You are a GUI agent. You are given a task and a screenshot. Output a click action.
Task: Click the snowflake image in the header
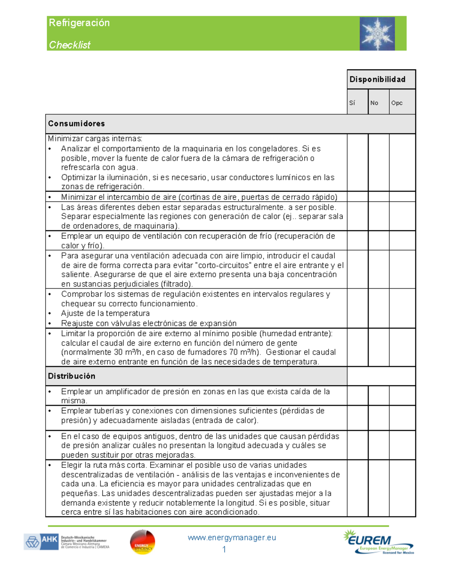coord(377,34)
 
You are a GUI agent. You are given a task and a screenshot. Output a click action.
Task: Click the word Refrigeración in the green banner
coord(79,23)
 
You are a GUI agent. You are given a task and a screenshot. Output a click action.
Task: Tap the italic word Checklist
coord(70,45)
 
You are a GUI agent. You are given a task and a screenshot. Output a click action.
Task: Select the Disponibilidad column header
coord(377,79)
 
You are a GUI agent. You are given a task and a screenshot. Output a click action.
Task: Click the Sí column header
coord(352,103)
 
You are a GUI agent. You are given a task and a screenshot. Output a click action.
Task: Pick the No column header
coord(374,103)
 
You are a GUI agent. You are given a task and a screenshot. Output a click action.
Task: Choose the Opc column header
coord(397,103)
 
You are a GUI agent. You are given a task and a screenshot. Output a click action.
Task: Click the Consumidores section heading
coord(77,123)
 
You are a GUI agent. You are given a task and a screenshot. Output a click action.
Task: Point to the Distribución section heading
coord(72,376)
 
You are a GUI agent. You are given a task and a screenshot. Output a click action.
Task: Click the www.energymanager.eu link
coord(232,538)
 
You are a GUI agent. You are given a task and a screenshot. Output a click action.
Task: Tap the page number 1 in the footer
coord(224,549)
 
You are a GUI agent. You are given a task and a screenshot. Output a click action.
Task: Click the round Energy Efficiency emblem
coord(142,542)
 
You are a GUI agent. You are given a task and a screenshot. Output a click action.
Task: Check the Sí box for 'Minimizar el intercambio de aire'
coord(357,197)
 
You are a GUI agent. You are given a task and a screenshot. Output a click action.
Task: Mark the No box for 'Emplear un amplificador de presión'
coord(379,395)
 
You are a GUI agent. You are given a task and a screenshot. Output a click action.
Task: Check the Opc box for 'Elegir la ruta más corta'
coord(402,488)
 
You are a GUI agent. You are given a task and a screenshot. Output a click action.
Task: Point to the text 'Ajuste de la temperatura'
coord(105,313)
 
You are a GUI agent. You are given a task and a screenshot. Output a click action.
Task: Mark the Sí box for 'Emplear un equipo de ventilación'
coord(357,240)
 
